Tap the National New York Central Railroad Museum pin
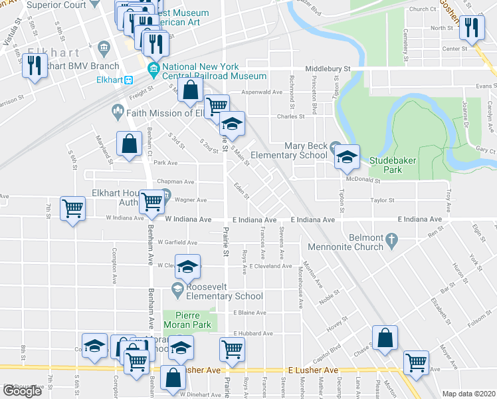pos(153,68)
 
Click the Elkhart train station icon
pos(130,79)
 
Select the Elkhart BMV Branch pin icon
pos(104,48)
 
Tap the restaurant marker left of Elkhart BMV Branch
pos(35,66)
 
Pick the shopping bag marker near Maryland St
pos(129,144)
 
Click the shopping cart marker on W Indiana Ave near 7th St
pos(72,208)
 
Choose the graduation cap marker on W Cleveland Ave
pos(188,267)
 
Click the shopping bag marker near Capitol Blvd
pos(385,338)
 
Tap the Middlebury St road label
pos(328,68)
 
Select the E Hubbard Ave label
pos(252,333)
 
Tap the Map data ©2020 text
pos(469,394)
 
